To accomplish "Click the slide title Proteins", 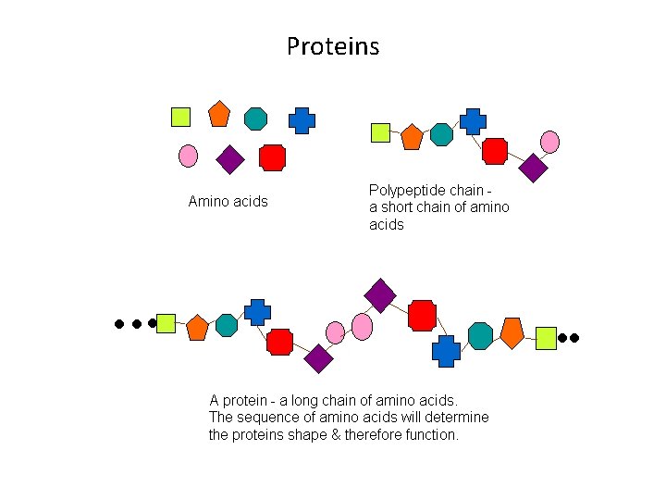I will click(x=333, y=46).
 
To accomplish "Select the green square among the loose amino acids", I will click(x=180, y=117).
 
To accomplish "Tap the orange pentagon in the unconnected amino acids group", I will click(x=219, y=113).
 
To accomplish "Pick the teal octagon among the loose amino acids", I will click(x=256, y=119).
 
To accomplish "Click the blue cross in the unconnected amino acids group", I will click(x=302, y=120).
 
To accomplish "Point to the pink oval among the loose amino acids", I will click(x=188, y=156).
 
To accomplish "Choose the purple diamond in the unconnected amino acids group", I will click(x=229, y=160).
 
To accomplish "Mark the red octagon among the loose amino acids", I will click(x=272, y=157).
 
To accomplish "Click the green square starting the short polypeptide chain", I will click(x=380, y=132).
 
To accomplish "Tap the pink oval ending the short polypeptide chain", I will click(x=549, y=142).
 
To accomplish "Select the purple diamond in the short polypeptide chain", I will click(x=533, y=168).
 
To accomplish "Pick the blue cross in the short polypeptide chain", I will click(x=473, y=121).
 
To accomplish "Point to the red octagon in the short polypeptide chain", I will click(x=495, y=150).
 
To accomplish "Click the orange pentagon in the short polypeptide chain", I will click(x=412, y=137).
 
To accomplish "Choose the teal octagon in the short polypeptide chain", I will click(x=442, y=135).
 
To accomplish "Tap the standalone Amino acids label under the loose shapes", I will click(x=228, y=201).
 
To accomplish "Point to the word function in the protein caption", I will click(x=428, y=434).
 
